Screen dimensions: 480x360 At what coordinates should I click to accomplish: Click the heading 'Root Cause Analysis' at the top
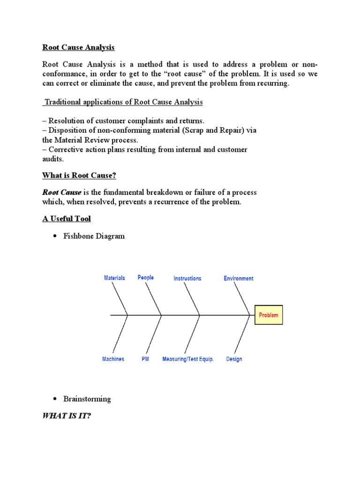click(x=78, y=47)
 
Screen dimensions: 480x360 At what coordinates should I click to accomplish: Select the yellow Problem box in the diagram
click(x=269, y=315)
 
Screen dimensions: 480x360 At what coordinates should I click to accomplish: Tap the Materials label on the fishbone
click(x=114, y=278)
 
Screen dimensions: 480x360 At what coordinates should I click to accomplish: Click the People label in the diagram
click(x=146, y=277)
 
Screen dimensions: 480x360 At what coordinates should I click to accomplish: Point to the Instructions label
click(x=187, y=278)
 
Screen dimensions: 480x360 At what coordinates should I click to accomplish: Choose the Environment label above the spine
click(x=239, y=278)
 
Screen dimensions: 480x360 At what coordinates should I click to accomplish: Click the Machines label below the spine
click(x=113, y=359)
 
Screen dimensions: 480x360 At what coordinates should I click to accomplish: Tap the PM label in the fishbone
click(x=145, y=359)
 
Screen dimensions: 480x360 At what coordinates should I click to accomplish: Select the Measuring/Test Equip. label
click(x=188, y=359)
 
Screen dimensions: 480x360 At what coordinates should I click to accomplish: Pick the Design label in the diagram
click(x=234, y=359)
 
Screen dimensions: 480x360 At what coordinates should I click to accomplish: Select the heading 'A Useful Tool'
click(x=67, y=218)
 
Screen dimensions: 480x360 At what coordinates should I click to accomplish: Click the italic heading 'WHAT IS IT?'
click(x=67, y=415)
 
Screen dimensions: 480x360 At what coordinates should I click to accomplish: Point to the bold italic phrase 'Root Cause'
click(x=62, y=192)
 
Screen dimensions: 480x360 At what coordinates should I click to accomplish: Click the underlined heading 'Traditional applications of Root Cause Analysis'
click(x=123, y=102)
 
